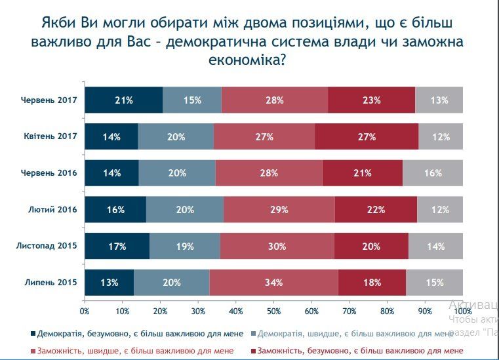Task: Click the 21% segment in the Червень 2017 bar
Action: pos(123,100)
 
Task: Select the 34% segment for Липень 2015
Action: pos(273,283)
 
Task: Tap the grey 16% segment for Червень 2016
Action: pos(433,173)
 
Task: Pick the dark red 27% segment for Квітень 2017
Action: pos(367,137)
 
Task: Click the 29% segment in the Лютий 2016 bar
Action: pos(279,210)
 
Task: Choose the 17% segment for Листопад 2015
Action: pos(117,247)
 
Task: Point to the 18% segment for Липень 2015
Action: pos(371,283)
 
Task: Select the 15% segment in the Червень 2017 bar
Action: pos(191,100)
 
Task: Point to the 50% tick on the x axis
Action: pos(273,310)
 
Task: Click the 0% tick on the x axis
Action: pos(84,310)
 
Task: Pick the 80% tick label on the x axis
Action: pos(387,310)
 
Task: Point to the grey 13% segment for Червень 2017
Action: pos(439,100)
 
